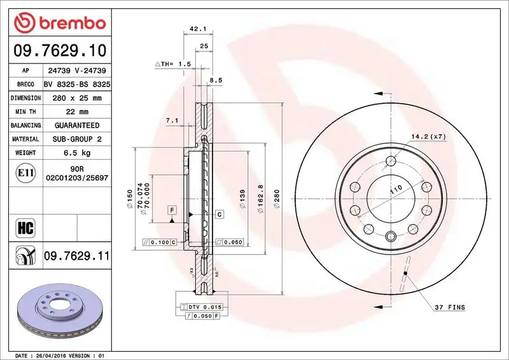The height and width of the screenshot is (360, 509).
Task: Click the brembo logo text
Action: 69,24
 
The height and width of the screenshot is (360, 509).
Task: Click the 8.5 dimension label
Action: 216,81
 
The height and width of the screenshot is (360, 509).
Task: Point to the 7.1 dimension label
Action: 171,120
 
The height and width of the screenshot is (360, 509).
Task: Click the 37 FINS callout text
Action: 450,308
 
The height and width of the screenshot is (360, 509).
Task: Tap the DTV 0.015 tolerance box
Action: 202,307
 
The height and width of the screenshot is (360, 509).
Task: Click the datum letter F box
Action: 171,209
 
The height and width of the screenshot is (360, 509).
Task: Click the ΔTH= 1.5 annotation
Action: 173,64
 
